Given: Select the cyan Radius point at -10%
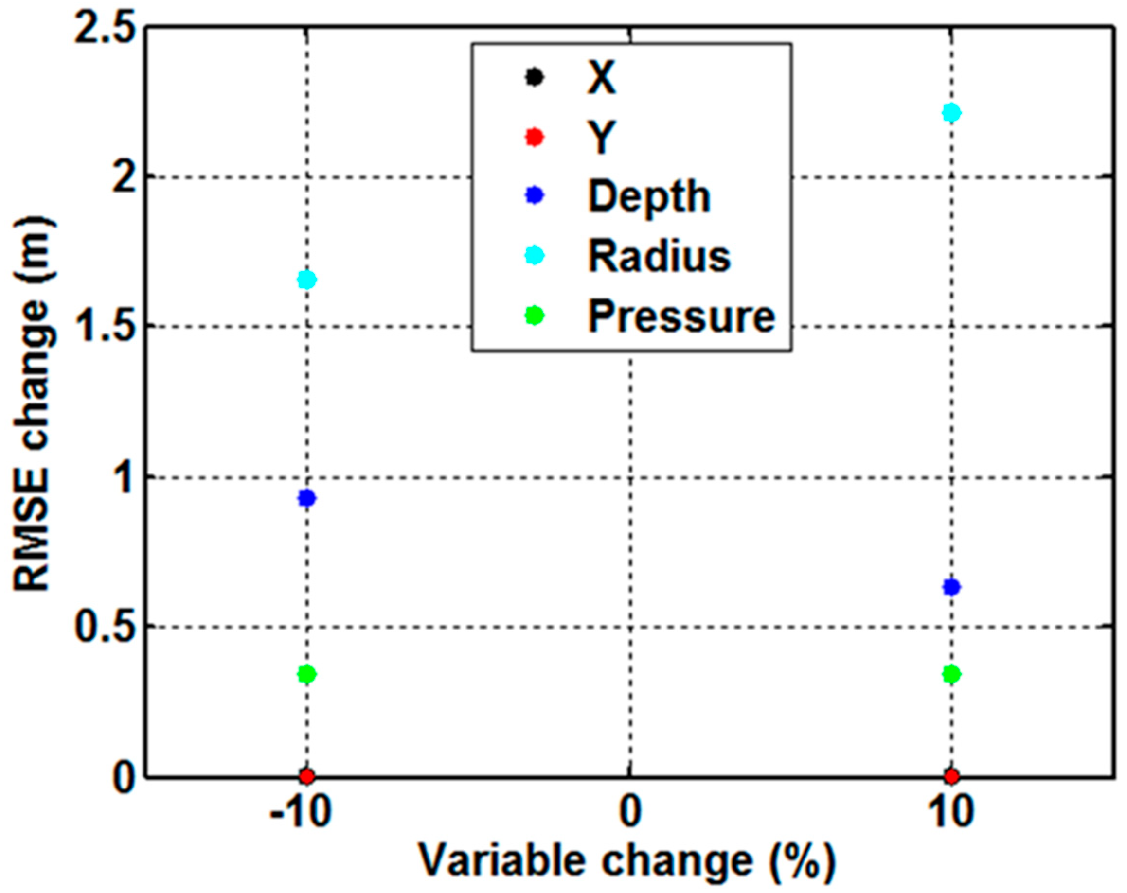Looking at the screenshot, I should [307, 280].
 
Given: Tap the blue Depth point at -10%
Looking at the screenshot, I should [307, 498].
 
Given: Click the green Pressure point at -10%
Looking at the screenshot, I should [307, 674].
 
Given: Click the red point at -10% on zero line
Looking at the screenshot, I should [307, 776].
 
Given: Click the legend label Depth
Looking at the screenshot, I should [649, 197].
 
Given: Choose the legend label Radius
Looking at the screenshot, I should [659, 257].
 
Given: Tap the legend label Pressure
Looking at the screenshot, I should [681, 316].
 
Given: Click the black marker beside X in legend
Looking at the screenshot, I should [534, 78].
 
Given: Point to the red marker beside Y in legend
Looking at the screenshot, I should [534, 138].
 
